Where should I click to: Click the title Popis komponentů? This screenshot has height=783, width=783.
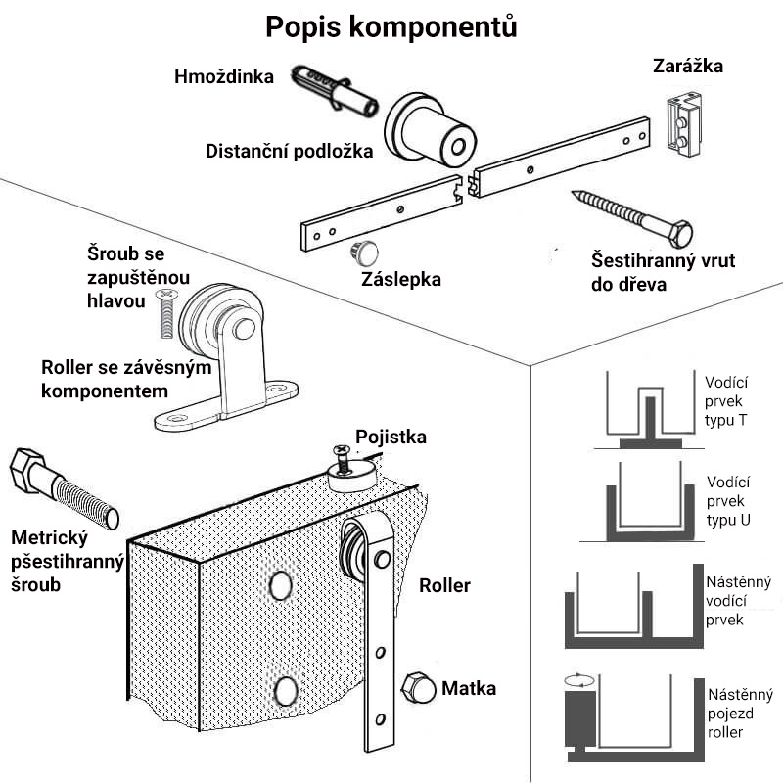[391, 27]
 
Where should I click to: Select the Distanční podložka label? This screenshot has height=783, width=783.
[289, 152]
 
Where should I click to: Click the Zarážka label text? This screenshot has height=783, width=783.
[687, 67]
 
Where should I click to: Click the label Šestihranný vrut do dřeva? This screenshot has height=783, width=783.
[663, 273]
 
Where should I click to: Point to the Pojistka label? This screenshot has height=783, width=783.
[391, 437]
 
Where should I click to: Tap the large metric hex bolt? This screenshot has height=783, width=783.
[63, 489]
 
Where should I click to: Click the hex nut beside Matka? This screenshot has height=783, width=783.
[418, 689]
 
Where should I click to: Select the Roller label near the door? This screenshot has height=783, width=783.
[444, 586]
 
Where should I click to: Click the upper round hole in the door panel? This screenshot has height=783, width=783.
[281, 585]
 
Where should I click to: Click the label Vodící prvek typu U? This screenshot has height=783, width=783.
[729, 501]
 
